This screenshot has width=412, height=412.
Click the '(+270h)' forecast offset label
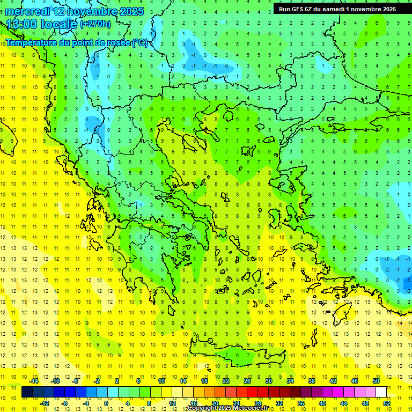click(95, 24)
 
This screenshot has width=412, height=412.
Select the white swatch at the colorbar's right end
click(381, 392)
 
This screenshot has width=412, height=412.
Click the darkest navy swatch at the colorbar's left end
click(27, 392)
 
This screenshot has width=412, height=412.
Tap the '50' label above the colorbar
click(376, 381)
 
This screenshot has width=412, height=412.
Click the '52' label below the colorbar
click(387, 403)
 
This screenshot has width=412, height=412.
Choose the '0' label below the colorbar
click(106, 403)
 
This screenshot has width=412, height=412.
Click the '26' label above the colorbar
click(247, 381)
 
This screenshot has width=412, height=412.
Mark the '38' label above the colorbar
click(312, 381)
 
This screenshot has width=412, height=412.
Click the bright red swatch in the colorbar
click(252, 392)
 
